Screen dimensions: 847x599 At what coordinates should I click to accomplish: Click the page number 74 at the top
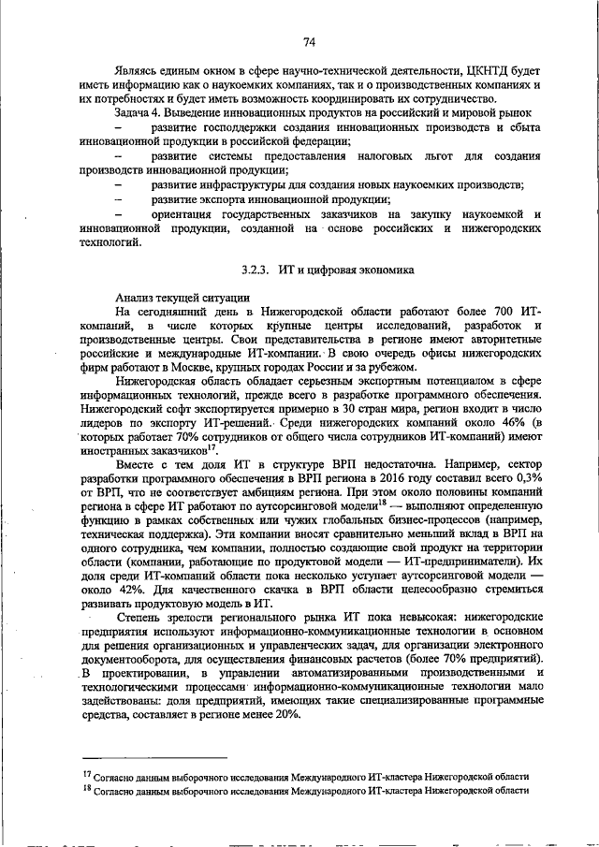coord(310,42)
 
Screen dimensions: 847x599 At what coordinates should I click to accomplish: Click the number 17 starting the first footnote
coord(86,774)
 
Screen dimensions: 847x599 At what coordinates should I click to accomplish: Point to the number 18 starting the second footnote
coord(86,790)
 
